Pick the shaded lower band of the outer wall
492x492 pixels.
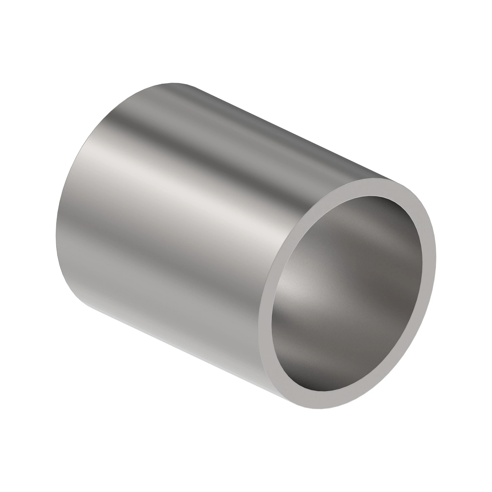click(x=164, y=303)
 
